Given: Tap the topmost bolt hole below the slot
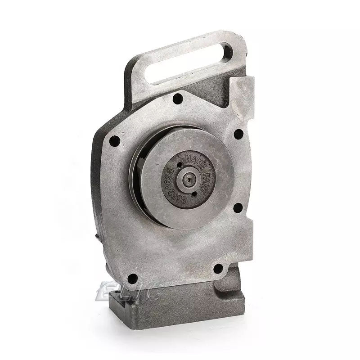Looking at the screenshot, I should click(178, 99).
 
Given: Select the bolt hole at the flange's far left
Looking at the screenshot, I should click(114, 141).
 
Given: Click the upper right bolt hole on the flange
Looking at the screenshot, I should click(238, 134).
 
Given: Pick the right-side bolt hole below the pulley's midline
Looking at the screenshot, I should click(238, 207).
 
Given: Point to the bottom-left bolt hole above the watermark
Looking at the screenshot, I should click(132, 279).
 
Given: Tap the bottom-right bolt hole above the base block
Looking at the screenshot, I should click(218, 269).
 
